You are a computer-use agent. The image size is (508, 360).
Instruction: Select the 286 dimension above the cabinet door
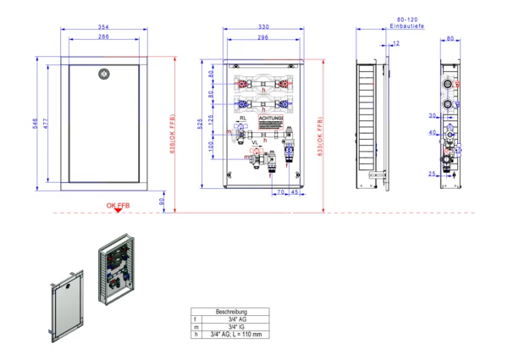(102, 37)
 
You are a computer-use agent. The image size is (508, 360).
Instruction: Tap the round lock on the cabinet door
(104, 74)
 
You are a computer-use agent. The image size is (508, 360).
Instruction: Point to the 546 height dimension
(36, 124)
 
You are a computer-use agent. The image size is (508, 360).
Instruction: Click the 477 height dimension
(47, 124)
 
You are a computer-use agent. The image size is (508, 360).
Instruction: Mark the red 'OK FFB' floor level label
(118, 206)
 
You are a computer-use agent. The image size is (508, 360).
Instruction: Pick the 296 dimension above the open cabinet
(263, 37)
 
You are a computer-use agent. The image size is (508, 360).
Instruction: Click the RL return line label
(243, 118)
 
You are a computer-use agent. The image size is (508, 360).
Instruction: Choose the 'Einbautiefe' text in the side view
(407, 28)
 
